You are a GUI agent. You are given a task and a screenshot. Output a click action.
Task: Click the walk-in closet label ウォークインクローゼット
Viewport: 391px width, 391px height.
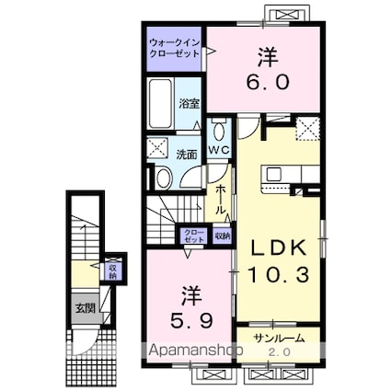pos(175,47)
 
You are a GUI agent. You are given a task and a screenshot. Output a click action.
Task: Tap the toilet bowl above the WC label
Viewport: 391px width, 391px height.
pos(218,129)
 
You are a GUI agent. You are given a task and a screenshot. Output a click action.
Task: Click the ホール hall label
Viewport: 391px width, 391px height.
pos(222,198)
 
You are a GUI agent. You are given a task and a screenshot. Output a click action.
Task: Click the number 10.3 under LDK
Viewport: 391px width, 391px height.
pos(281,273)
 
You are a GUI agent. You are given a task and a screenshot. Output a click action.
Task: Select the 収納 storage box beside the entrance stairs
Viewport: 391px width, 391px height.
pos(112,270)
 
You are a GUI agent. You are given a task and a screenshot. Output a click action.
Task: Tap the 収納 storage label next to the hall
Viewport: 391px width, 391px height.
pos(222,236)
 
